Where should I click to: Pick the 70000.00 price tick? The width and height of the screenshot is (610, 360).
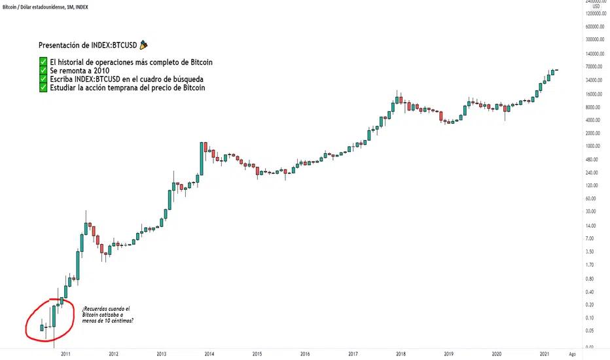pos(594,67)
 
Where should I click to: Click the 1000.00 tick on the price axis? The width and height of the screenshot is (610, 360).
pos(594,146)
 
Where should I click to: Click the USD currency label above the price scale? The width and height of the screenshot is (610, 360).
pos(596,6)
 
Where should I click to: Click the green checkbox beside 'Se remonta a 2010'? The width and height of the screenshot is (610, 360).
pos(43,71)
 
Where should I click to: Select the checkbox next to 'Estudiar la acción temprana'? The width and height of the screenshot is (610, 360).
pos(43,88)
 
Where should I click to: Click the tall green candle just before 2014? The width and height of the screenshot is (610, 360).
pos(202,157)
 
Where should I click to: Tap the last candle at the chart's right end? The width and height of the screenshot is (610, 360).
pos(556,70)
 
